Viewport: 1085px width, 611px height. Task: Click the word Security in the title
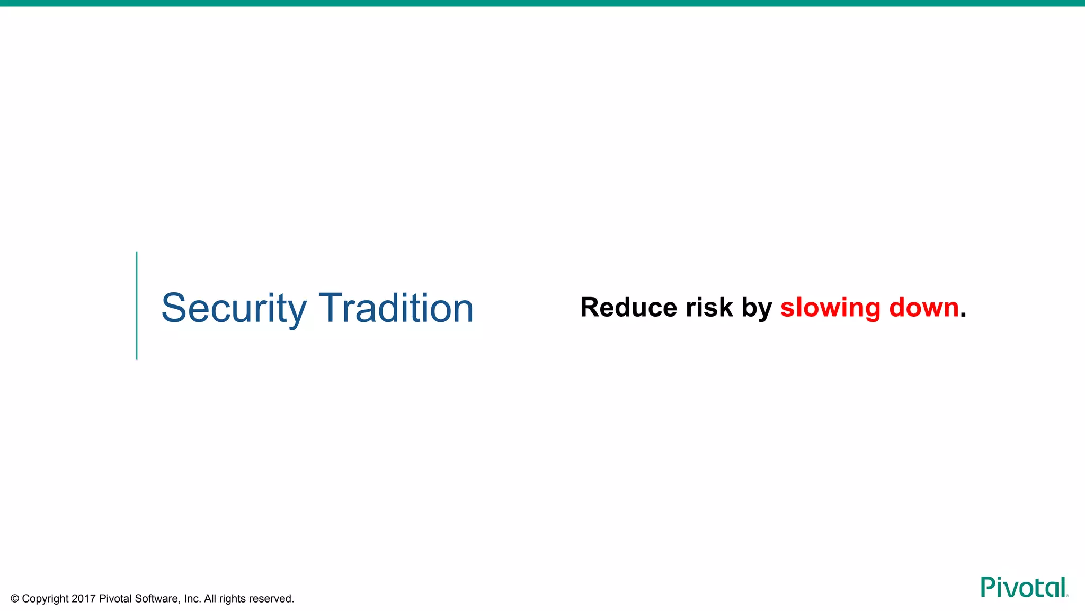[234, 309]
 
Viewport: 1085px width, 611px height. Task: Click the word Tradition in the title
[396, 308]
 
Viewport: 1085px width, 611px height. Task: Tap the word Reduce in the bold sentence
[628, 308]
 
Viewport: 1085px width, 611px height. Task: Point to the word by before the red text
[757, 309]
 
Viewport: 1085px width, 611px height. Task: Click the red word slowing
[830, 308]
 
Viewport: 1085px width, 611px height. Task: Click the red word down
[924, 308]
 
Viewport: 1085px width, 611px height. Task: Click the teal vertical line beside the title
[137, 306]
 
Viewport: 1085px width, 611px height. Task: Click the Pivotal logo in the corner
[1024, 587]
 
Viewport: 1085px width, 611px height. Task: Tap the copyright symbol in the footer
[15, 599]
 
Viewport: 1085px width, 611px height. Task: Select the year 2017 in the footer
[84, 599]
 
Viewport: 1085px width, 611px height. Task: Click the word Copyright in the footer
[46, 599]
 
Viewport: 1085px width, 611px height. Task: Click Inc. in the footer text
[192, 599]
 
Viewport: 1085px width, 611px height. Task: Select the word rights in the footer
[233, 599]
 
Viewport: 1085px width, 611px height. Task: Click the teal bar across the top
[542, 3]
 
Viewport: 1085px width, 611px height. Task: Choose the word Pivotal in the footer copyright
[115, 599]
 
